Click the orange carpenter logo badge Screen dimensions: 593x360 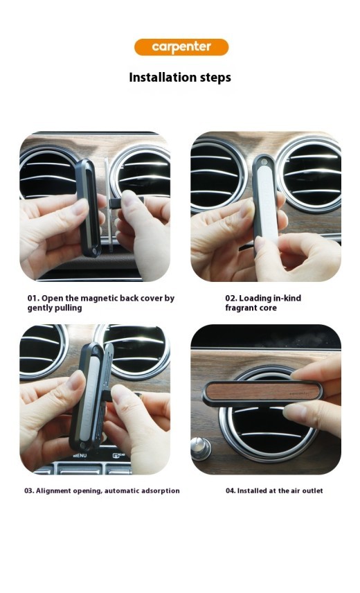pos(181,47)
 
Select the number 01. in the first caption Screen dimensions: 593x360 pos(34,299)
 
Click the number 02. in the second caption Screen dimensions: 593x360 pos(231,299)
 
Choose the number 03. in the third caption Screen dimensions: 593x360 pos(29,490)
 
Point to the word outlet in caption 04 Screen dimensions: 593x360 pos(312,490)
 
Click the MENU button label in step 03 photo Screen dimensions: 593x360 pos(80,457)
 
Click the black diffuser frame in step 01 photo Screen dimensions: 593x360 pos(88,208)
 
